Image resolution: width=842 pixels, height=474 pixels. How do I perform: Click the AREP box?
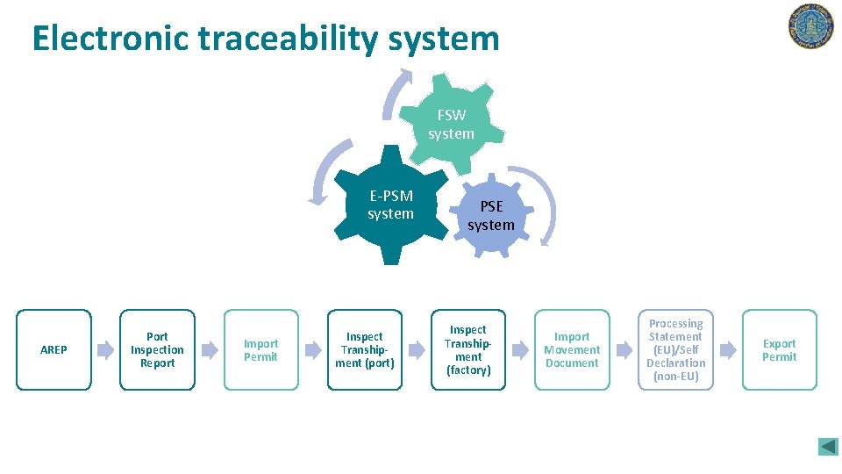pos(54,349)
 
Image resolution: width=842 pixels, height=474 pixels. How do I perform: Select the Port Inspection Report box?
pos(157,349)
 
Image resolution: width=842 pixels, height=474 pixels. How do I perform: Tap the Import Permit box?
pos(260,349)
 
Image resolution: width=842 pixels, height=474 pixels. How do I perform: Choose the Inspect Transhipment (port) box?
pos(364,349)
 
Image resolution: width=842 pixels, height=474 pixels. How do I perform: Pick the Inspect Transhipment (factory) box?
pos(467,349)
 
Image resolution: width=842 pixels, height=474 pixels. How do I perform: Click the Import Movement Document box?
pos(572,349)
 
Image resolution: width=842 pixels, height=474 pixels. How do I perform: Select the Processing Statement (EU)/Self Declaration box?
pos(675,349)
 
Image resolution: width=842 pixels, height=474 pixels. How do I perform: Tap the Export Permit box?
pos(779,349)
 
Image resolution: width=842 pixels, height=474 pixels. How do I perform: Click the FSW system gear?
pos(451,124)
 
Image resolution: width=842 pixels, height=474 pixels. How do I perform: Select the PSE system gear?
pos(491,216)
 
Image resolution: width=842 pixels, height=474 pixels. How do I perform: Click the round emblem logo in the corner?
pos(810,26)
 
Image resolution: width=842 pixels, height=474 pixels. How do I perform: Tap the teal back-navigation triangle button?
pos(828,446)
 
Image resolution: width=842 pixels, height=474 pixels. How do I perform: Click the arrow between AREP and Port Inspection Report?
pos(105,350)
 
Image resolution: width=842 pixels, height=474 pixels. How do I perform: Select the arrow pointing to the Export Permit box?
pos(727,350)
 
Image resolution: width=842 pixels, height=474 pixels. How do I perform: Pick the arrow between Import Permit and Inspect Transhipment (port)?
pos(312,350)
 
